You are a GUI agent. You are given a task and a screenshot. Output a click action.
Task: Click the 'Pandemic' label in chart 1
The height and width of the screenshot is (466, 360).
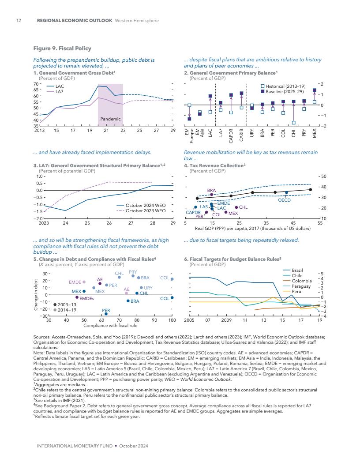tap(110, 119)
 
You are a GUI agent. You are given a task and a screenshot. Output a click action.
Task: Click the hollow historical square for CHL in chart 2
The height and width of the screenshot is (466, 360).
tap(293, 123)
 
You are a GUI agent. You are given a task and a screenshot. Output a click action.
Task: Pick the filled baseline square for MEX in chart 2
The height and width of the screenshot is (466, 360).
tap(314, 90)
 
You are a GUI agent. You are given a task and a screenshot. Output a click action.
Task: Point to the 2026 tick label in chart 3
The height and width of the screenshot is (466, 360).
tap(109, 223)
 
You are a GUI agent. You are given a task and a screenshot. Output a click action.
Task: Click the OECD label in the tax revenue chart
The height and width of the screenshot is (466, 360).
tap(284, 200)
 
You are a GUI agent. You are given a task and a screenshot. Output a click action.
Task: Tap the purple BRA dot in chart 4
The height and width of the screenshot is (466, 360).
tap(212, 195)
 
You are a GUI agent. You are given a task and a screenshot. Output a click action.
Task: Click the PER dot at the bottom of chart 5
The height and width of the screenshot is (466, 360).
tap(106, 314)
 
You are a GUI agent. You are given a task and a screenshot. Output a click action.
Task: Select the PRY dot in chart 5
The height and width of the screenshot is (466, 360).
tap(133, 276)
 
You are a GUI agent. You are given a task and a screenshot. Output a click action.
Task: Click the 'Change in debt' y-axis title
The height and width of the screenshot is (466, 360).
tap(35, 295)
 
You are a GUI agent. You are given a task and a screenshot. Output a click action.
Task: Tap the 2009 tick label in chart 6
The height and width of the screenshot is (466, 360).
tap(226, 319)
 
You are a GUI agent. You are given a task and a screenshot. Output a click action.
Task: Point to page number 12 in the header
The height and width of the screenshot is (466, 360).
tap(19, 21)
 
